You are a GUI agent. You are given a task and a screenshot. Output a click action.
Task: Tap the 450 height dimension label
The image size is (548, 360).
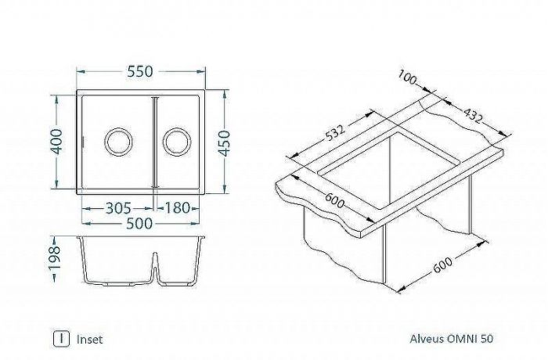[x=225, y=143]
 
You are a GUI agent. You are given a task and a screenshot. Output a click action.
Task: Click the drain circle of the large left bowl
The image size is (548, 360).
[x=118, y=142]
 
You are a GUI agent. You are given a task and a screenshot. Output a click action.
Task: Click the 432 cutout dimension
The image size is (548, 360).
[x=470, y=117]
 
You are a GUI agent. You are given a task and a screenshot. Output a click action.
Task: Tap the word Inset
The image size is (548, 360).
[x=90, y=340]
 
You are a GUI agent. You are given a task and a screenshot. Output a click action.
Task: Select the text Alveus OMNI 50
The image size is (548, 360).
[x=452, y=340]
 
